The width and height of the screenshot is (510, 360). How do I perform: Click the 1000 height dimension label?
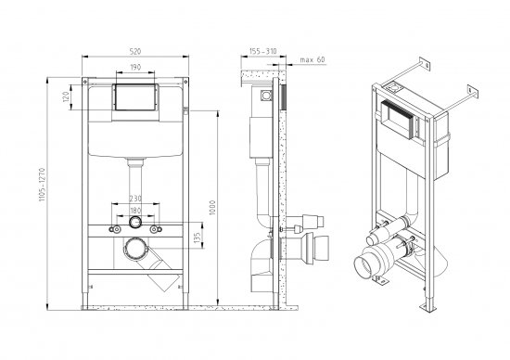(213, 206)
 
